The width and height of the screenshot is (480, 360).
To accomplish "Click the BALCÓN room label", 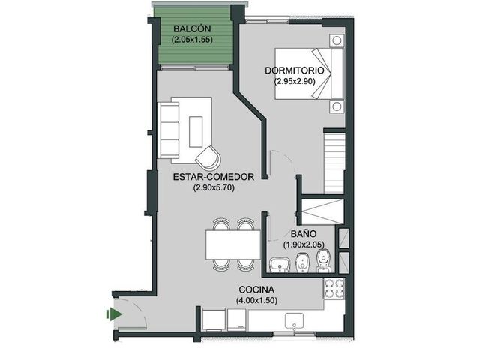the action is tap(192, 28).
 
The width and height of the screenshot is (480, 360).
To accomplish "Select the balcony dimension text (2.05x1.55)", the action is tap(192, 40).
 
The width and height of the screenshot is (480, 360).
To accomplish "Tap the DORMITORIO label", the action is tap(295, 70).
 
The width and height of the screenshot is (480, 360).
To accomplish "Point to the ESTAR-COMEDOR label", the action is tap(214, 177).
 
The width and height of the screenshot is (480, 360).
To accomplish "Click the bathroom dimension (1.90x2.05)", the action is tap(304, 244).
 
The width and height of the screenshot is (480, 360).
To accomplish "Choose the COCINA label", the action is tap(256, 289).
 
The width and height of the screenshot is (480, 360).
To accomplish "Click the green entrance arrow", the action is tap(114, 314).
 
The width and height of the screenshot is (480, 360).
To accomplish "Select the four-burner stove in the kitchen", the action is tap(334, 289).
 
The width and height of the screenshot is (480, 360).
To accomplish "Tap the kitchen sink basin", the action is tap(295, 320).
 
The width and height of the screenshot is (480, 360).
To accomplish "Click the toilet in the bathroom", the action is tap(323, 261).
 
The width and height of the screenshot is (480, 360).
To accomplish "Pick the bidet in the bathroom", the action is tap(303, 262).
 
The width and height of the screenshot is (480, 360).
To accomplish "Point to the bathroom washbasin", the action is tap(280, 265).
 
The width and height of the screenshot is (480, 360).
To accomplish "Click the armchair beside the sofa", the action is tap(208, 157).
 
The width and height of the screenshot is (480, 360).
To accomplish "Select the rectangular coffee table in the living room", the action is tap(196, 132).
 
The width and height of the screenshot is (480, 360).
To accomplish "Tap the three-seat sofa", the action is tap(168, 130).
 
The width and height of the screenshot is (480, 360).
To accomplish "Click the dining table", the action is tap(233, 245).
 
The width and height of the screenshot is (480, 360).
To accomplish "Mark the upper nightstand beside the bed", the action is tap(337, 40).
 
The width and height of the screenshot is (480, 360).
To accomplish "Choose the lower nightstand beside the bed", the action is tap(337, 106).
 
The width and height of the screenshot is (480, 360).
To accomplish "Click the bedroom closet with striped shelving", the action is tap(334, 163).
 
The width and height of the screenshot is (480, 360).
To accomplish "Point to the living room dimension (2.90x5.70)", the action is tap(214, 187).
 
